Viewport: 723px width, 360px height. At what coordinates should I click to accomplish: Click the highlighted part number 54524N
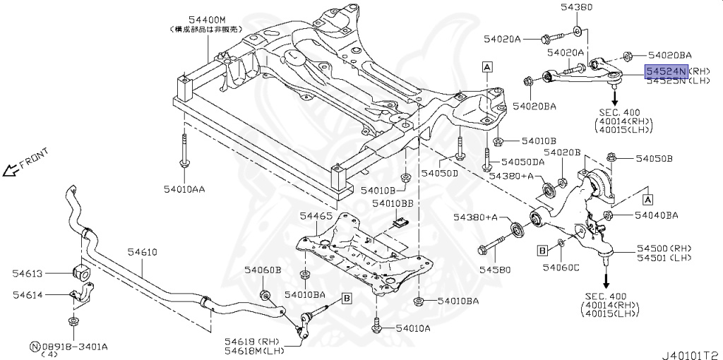pos(665,71)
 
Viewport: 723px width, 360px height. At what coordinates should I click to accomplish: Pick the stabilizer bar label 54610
pos(142,251)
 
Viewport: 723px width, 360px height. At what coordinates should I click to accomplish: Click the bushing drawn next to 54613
pos(81,272)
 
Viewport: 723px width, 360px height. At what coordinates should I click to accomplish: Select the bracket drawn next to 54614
pos(83,296)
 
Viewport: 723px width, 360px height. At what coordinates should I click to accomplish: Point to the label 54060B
pos(263,270)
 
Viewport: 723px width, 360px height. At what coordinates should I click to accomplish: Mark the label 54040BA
pos(656,215)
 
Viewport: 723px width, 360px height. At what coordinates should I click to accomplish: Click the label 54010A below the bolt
pos(413,328)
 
